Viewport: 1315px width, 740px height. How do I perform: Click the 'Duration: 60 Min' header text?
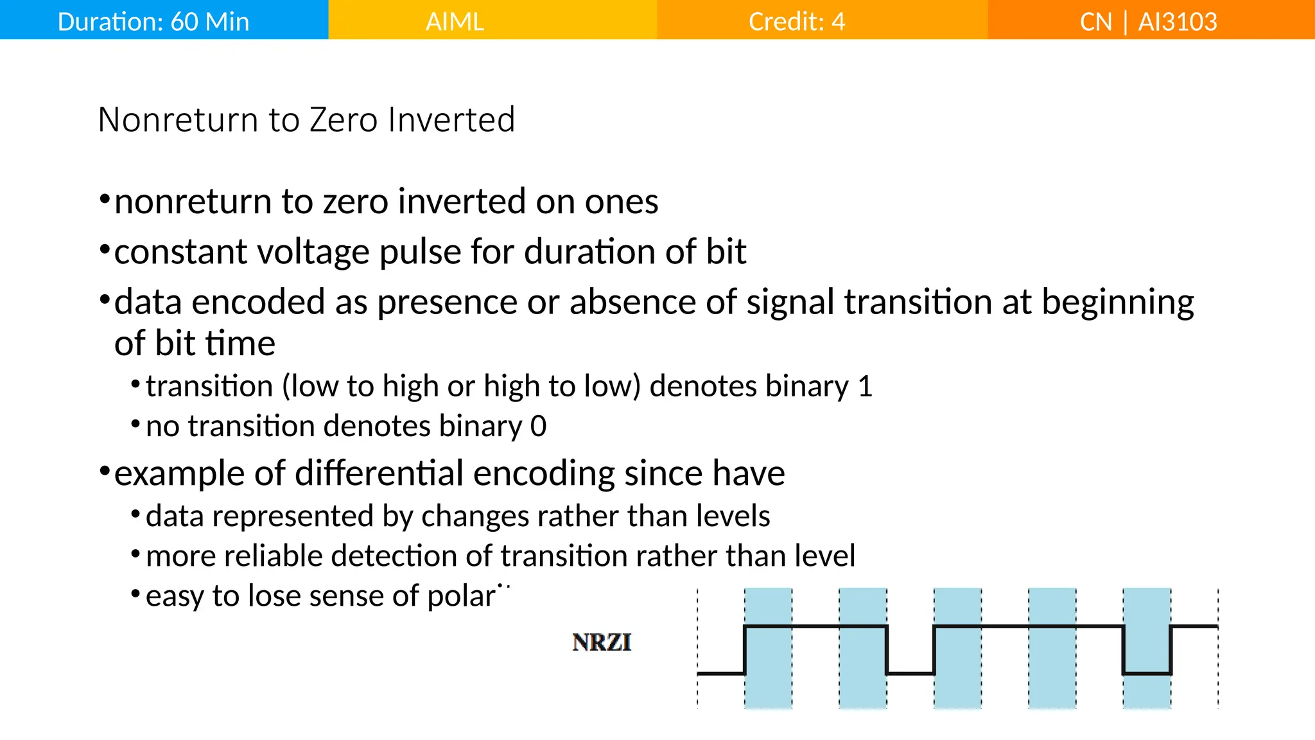153,22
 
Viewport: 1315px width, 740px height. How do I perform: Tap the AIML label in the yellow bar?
455,22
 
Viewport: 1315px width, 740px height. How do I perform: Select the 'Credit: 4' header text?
796,22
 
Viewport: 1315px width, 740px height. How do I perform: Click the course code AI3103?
1177,22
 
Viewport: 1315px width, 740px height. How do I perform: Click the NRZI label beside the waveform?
602,642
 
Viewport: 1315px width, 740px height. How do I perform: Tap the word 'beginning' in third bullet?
1117,302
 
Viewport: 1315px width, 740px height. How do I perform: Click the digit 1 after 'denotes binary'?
865,387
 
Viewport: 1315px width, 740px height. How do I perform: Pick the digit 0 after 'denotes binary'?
539,427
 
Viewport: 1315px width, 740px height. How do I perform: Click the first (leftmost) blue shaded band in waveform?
768,649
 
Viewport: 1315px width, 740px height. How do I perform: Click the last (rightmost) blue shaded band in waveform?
1147,649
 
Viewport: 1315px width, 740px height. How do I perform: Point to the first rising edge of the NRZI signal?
745,649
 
